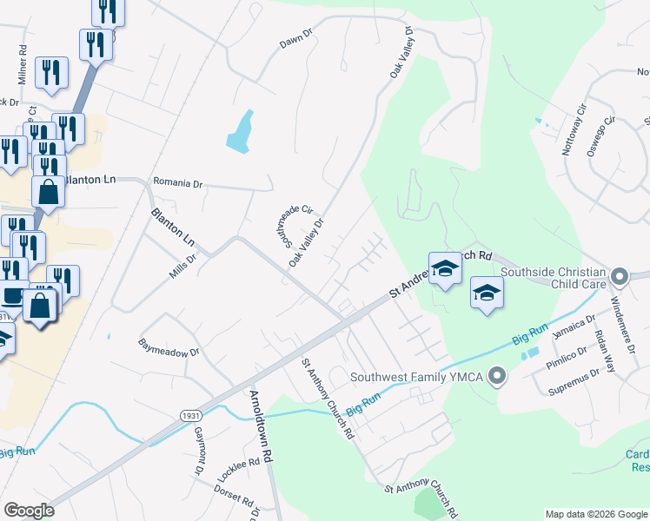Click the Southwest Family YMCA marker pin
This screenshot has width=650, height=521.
496,377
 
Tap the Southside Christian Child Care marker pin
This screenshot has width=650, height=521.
619,277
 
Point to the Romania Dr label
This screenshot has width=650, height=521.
177,184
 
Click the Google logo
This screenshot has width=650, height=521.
29,511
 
